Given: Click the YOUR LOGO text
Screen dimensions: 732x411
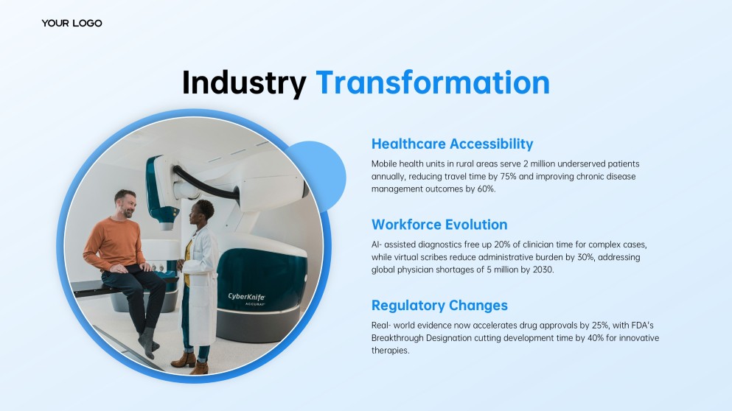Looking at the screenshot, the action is [x=72, y=23].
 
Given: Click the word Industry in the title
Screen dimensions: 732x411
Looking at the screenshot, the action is [x=244, y=83].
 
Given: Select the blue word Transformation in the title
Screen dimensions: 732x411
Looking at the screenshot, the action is [x=433, y=82].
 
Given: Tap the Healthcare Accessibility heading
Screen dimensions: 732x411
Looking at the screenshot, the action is [x=452, y=144].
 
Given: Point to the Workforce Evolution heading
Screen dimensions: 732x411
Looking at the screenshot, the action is [x=439, y=225].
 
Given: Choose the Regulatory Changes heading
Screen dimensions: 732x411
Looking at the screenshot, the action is [x=439, y=305].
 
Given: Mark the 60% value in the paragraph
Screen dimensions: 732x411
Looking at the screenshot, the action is [x=486, y=189].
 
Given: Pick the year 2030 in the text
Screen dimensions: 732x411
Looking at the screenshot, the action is [x=544, y=270].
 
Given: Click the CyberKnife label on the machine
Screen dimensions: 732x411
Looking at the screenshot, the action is [x=246, y=297].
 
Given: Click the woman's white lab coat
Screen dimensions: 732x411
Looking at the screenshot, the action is [x=201, y=284].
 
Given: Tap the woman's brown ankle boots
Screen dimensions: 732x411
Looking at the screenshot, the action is [x=190, y=362].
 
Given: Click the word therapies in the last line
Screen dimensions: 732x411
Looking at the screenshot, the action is [x=390, y=351].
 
